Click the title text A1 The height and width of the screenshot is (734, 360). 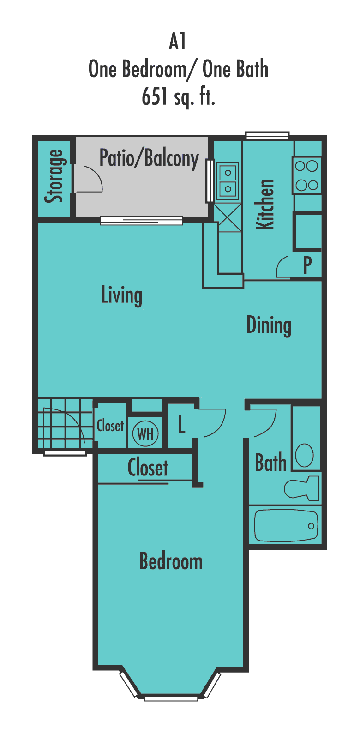point(178,42)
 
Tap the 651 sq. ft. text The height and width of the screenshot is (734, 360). point(178,97)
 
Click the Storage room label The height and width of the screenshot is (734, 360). point(54,177)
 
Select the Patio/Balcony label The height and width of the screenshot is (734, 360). point(149,159)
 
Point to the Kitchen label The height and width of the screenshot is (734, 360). point(265,205)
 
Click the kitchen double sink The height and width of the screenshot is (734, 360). point(228,180)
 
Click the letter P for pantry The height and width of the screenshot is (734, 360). point(307,265)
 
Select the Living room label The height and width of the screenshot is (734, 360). point(121,295)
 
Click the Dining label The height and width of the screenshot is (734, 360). point(269,325)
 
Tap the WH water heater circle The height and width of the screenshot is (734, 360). point(145,434)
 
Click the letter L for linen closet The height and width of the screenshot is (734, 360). point(182,425)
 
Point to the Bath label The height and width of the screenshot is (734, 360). point(271,463)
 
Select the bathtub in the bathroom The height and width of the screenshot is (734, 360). point(286,526)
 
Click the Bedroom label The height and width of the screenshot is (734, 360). point(171,561)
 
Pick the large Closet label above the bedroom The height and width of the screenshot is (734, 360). point(148,468)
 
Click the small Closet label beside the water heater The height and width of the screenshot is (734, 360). point(110,426)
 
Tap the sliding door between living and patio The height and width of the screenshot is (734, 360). point(142,221)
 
